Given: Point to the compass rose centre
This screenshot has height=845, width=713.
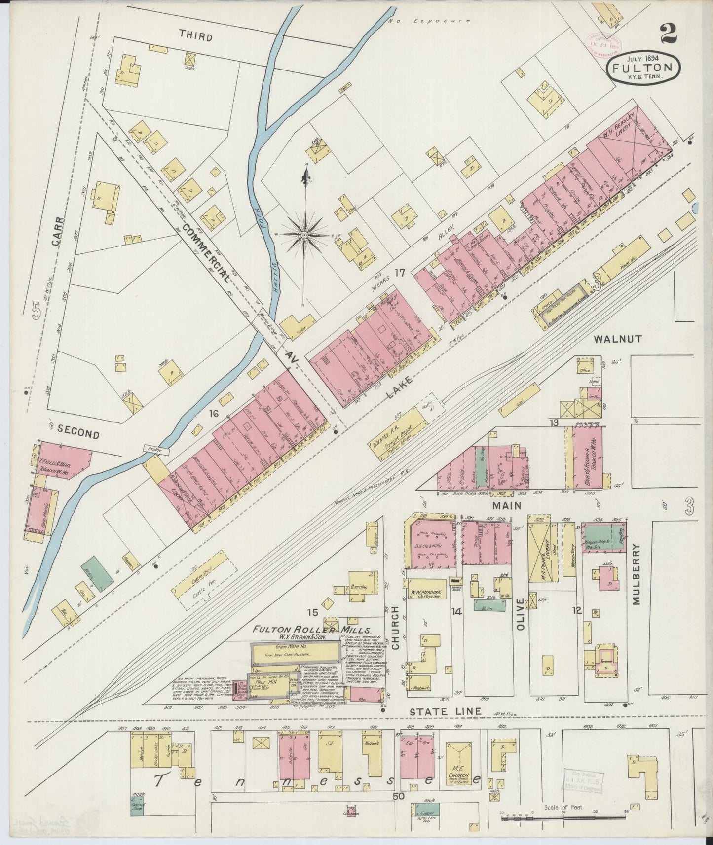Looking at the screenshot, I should pos(305,236).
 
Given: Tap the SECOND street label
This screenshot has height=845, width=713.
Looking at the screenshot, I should pos(78,433).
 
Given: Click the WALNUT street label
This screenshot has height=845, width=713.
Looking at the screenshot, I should pos(617,339).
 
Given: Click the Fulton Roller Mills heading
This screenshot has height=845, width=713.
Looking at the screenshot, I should pos(312,630).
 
